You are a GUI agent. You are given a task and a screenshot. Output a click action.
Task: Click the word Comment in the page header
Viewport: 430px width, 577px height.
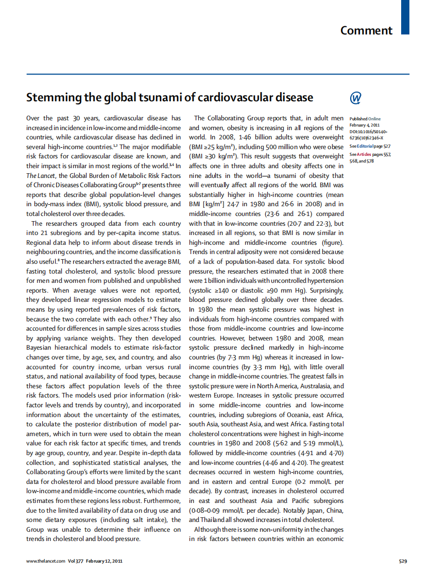coord(366,30)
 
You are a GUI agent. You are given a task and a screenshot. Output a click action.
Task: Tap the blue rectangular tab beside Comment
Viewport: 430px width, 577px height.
coord(405,17)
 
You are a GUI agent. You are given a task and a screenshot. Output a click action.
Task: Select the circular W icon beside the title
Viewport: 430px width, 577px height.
coord(356,98)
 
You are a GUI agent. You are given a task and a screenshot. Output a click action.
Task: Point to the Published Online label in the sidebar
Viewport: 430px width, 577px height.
coord(366,119)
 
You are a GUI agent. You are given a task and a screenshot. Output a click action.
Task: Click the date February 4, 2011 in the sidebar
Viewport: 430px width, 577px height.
coord(366,125)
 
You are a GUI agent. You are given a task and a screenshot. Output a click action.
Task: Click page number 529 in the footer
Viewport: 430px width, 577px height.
coord(403,561)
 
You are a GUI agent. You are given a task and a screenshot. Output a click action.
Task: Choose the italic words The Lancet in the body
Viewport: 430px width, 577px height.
coord(43,176)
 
